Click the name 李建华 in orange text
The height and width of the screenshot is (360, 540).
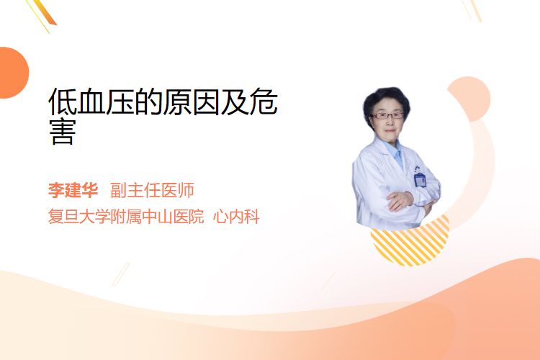tap(73, 190)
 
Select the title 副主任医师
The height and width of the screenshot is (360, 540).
tap(152, 190)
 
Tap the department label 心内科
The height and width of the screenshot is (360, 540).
tap(236, 217)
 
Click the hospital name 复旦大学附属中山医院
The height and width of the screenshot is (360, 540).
tap(126, 217)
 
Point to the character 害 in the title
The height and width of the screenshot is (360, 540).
tap(63, 132)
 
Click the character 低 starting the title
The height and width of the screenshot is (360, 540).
tap(63, 102)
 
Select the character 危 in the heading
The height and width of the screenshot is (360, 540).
tap(264, 102)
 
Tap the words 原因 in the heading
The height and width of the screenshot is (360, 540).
tap(192, 102)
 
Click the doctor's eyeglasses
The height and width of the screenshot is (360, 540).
tap(387, 115)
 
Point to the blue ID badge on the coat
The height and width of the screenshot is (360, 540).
tap(420, 179)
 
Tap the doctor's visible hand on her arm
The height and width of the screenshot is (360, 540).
tap(399, 200)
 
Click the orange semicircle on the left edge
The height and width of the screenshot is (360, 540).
tap(13, 73)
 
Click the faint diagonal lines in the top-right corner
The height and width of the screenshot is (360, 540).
tap(472, 10)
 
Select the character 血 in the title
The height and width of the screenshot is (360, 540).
tap(91, 102)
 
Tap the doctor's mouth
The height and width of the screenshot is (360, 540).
tap(390, 130)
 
